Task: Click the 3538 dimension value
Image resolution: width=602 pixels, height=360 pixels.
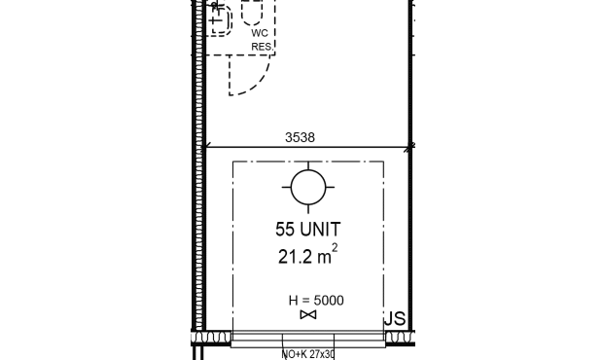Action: coord(300,137)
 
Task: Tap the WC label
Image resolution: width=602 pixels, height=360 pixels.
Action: coord(260,33)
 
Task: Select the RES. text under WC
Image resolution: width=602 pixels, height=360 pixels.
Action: coord(263,47)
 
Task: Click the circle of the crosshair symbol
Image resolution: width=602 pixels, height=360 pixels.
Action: coord(308,170)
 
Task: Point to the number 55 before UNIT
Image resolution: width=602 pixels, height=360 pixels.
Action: coord(285,230)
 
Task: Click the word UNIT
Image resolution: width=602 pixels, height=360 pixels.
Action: coord(320,230)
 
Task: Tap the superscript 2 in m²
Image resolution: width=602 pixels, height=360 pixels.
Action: coord(335,248)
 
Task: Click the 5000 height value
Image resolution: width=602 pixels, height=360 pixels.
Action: coord(329,301)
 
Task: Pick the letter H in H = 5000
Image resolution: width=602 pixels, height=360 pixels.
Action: coord(294,301)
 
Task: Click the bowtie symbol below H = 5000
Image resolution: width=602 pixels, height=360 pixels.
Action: coord(308,314)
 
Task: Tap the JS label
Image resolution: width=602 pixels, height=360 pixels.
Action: coord(395,319)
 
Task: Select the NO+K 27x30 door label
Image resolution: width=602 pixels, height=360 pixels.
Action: coord(308,354)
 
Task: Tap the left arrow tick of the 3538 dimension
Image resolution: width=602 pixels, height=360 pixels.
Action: coord(207,146)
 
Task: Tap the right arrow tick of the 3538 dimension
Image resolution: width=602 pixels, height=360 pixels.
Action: coord(410,147)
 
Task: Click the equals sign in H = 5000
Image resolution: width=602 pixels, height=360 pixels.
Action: coord(306,301)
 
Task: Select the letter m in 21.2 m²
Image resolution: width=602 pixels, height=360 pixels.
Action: coord(324,259)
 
